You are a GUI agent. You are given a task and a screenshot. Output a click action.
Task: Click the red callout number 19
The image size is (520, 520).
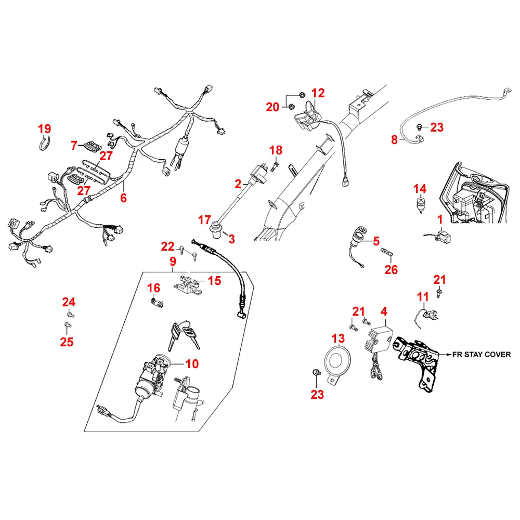[45, 128]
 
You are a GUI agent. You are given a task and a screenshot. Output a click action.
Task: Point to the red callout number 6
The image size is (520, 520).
[123, 198]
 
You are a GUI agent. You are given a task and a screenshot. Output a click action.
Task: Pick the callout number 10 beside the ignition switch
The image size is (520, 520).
[192, 363]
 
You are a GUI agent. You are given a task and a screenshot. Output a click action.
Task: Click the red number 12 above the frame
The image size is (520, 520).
[318, 93]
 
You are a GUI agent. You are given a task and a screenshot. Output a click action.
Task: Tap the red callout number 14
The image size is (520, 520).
[420, 189]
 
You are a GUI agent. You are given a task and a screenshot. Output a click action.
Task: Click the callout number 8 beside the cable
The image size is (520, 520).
[394, 139]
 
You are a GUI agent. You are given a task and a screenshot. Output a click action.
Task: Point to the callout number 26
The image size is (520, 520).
[391, 269]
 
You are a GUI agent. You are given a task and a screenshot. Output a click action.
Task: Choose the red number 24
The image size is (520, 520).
[69, 302]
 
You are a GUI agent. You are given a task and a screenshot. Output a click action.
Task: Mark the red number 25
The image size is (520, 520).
[67, 342]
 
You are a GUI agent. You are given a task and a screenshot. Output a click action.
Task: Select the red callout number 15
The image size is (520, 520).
[214, 281]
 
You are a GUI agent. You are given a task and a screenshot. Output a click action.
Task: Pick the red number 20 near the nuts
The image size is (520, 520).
[272, 107]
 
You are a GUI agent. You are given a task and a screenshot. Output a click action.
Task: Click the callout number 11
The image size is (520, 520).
[423, 297]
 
